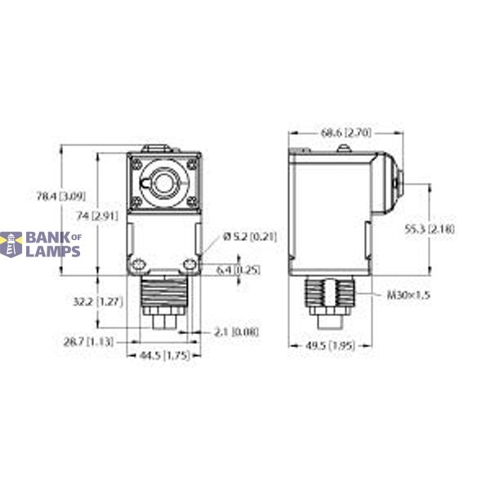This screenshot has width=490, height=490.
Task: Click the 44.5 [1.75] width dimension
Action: pyautogui.click(x=158, y=356)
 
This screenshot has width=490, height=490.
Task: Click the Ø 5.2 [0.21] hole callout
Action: pyautogui.click(x=250, y=237)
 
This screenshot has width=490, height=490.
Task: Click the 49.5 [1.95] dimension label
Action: pyautogui.click(x=323, y=347)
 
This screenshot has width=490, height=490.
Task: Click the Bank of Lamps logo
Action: pyautogui.click(x=41, y=243)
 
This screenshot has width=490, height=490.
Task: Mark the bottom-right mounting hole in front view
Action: pyautogui.click(x=190, y=264)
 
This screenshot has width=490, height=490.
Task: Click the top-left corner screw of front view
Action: pyautogui.click(x=136, y=163)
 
